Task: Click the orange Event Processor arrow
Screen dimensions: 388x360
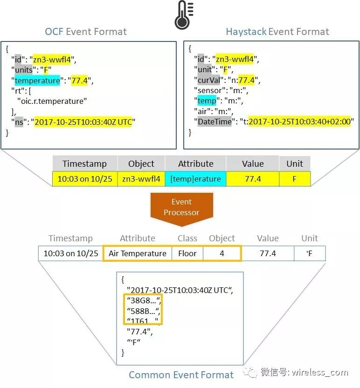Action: click(181, 207)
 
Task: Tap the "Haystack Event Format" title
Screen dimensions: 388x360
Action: click(277, 32)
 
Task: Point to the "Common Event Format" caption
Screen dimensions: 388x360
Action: click(181, 375)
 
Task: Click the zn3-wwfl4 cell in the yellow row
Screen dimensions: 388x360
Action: click(141, 179)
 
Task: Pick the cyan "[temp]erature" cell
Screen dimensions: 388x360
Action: click(195, 179)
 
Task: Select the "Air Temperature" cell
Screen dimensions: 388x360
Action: click(137, 253)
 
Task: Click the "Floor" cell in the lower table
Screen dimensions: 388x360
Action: click(187, 253)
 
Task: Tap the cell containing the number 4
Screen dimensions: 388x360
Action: click(222, 253)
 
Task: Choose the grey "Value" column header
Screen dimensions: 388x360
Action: click(252, 163)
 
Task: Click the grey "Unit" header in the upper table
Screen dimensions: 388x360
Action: click(294, 163)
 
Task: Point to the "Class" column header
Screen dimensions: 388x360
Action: click(187, 238)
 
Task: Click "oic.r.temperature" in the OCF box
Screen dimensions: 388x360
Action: click(52, 100)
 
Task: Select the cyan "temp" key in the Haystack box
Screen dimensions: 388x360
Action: click(207, 100)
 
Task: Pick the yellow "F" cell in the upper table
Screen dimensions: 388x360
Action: click(294, 179)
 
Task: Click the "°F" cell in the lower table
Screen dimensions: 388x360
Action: click(309, 253)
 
